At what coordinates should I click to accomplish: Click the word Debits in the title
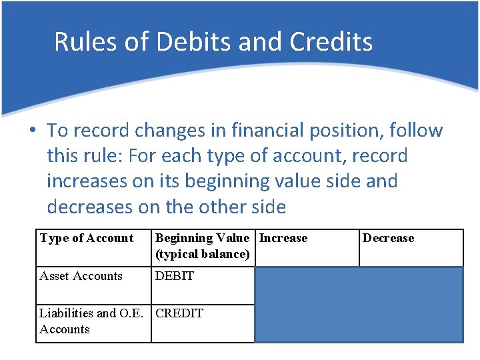[191, 41]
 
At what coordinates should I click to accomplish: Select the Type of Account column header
[87, 239]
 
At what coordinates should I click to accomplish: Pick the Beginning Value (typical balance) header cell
[203, 246]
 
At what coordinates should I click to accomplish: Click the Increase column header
[283, 239]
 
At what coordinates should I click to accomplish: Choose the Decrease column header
[388, 239]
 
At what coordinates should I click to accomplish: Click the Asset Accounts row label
[81, 276]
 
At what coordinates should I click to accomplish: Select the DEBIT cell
[175, 276]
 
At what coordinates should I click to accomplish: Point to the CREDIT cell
[179, 313]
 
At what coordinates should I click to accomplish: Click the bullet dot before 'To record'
[33, 131]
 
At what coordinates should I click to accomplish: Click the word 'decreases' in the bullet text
[96, 207]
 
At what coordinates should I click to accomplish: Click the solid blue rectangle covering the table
[359, 305]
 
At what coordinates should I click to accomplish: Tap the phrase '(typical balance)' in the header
[203, 255]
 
